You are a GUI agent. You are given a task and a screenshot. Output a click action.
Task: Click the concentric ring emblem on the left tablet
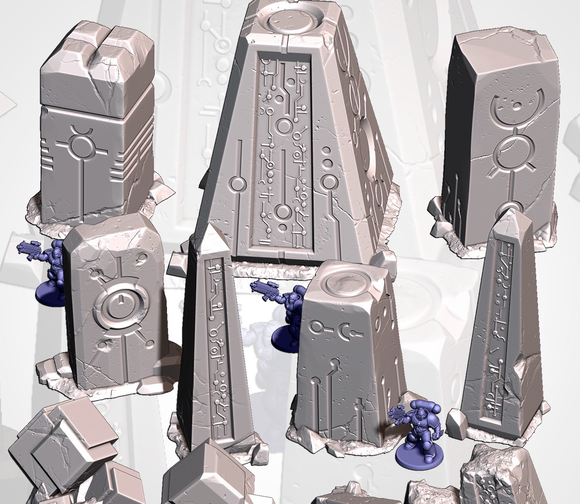[x=119, y=306]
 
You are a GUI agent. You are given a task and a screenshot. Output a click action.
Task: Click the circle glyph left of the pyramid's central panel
[x=238, y=184]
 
